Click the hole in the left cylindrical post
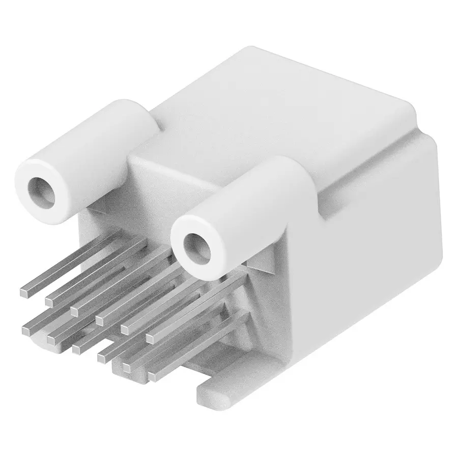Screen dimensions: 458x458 pos(42,191)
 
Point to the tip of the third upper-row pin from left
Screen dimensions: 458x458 pos(75,309)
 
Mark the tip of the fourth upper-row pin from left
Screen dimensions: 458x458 pos(100,319)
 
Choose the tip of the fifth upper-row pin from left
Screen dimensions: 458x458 pos(125,328)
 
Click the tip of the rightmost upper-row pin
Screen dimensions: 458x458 pos(151,337)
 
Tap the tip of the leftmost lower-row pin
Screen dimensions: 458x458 pos(26,330)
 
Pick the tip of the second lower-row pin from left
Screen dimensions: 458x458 pos(51,337)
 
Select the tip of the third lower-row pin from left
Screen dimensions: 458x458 pos(76,348)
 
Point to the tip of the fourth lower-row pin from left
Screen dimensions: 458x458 pos(101,352)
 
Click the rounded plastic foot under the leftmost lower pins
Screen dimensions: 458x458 pos(43,344)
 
